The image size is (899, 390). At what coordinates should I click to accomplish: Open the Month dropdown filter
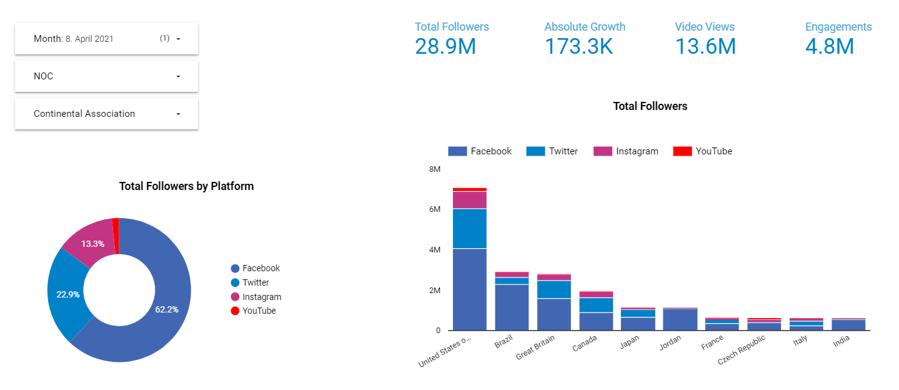click(106, 39)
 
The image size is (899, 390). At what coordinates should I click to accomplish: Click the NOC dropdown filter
click(106, 76)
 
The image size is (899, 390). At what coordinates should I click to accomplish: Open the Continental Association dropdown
click(106, 114)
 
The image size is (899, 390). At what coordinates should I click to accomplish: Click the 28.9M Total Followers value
click(445, 46)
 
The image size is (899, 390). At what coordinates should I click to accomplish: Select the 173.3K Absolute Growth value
click(579, 46)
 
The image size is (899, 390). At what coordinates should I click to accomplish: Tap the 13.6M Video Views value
click(705, 46)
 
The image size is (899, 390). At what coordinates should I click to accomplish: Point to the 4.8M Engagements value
click(829, 46)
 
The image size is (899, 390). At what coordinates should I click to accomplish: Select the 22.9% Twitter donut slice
click(67, 294)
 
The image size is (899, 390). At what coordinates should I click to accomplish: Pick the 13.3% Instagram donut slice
click(92, 243)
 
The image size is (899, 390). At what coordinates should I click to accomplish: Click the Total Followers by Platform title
click(186, 186)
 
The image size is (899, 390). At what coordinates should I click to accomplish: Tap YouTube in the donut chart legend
click(259, 311)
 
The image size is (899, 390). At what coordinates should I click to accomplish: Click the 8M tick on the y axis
click(434, 169)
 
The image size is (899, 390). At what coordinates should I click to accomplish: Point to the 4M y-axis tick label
click(434, 250)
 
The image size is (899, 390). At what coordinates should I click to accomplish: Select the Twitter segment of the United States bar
click(469, 229)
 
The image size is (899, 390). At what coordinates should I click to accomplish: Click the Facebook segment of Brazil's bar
click(512, 307)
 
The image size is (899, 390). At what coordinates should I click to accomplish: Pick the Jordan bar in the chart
click(680, 319)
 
